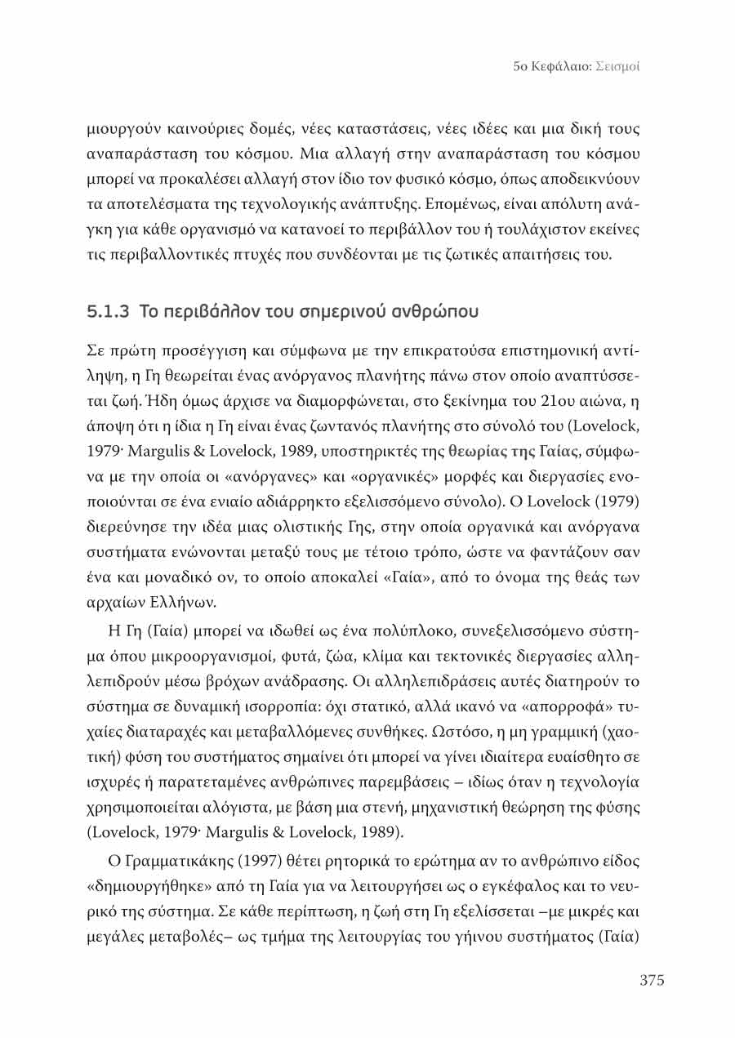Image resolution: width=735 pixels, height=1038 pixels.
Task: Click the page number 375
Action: click(651, 980)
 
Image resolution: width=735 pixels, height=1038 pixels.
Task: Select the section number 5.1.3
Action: click(109, 312)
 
